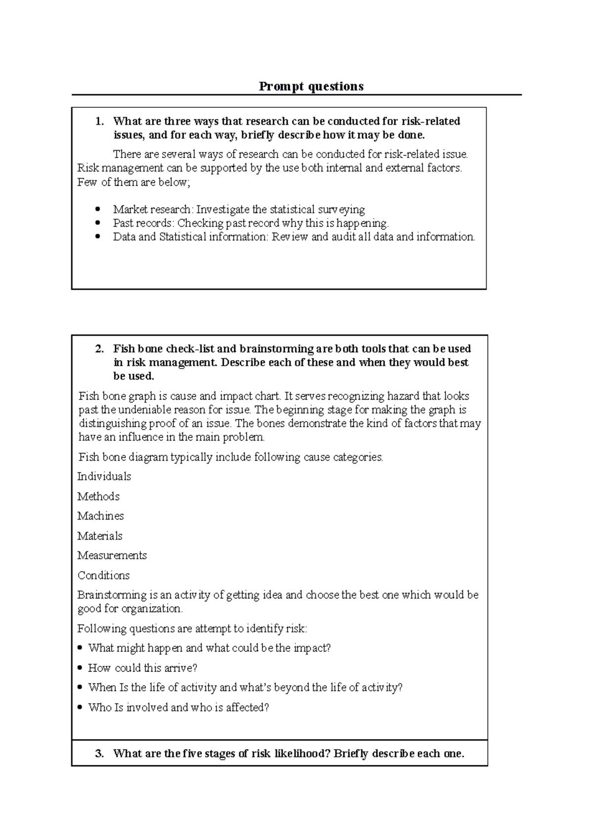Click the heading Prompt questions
tap(311, 86)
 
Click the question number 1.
tap(100, 122)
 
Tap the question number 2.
tap(100, 349)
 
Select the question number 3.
tap(100, 754)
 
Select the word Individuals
tap(104, 476)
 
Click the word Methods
tap(98, 496)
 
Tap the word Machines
tap(100, 516)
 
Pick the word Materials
tap(100, 536)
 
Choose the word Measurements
tap(112, 555)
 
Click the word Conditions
tap(103, 575)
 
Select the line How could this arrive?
tap(142, 668)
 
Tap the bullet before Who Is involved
tap(81, 708)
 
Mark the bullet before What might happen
tap(81, 648)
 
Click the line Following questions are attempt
tap(192, 629)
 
